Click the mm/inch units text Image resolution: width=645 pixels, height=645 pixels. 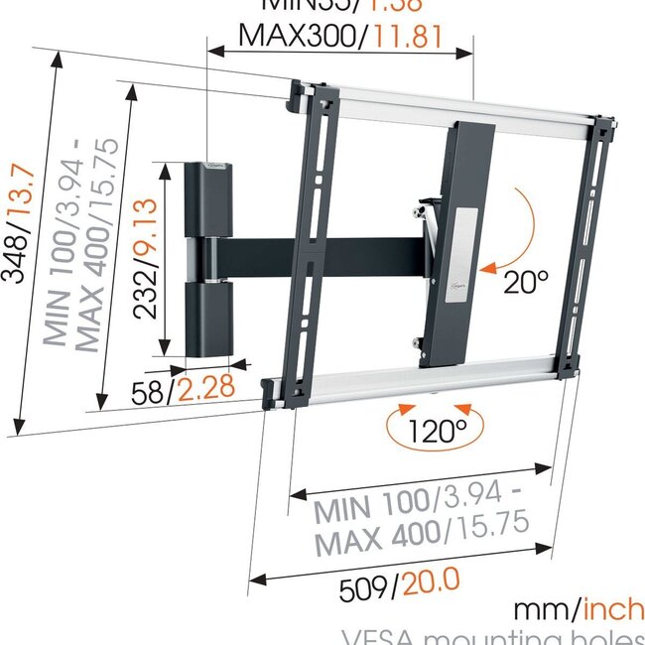click(578, 608)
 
